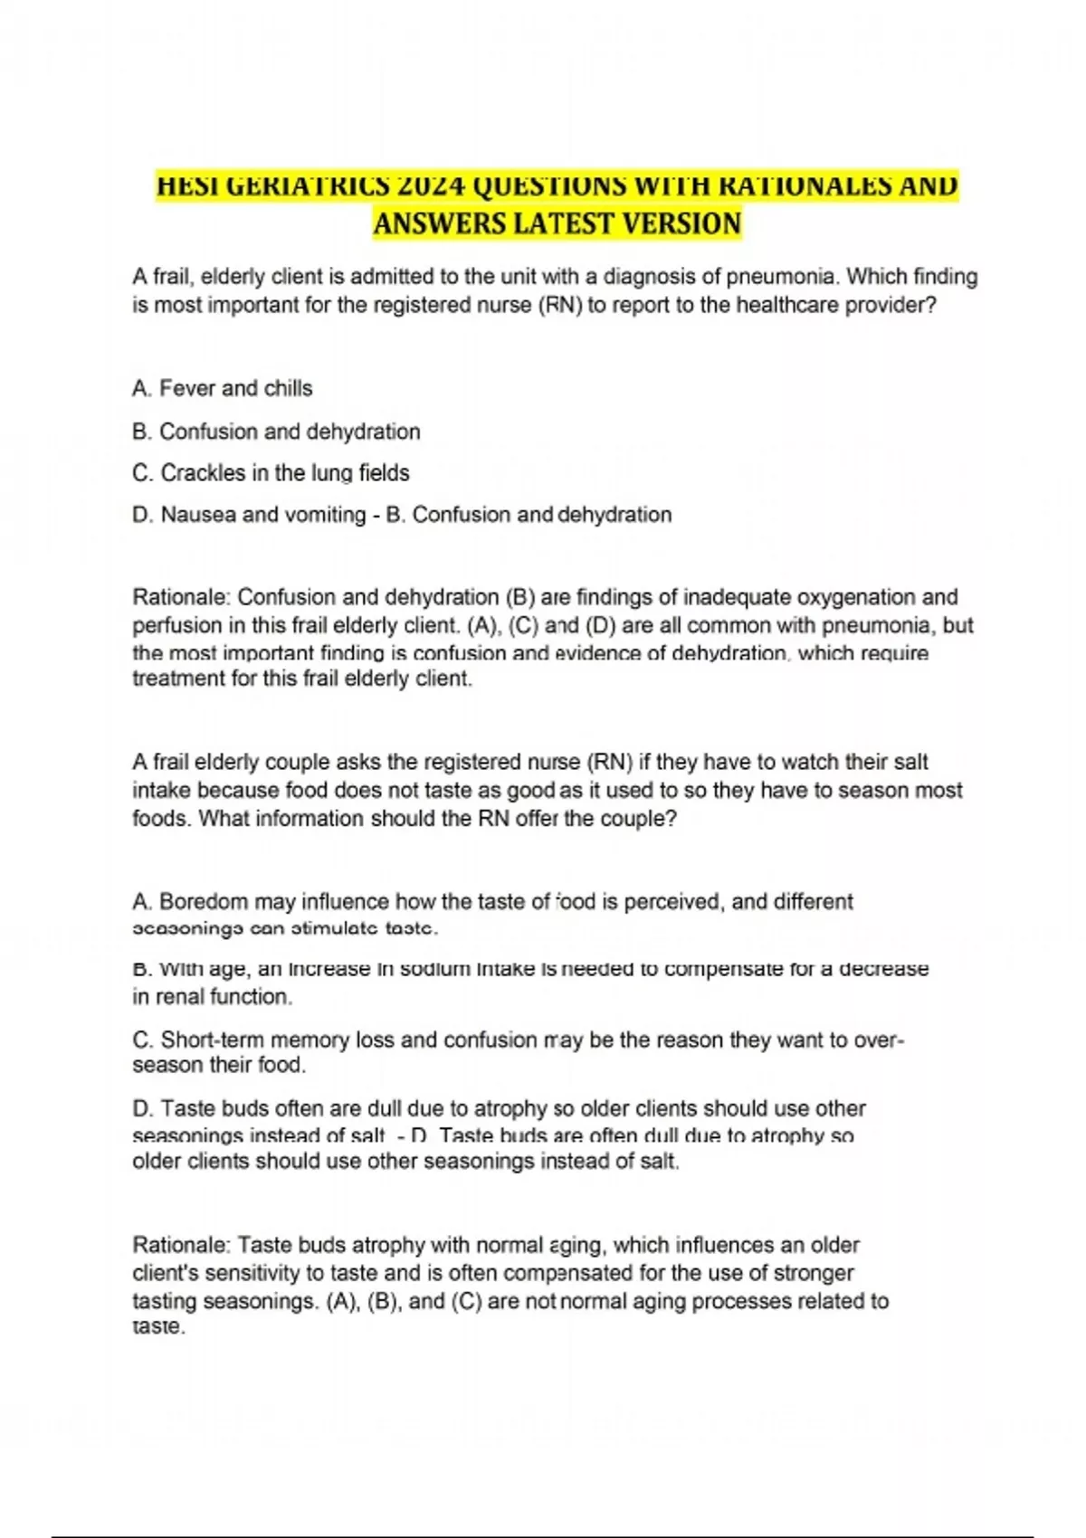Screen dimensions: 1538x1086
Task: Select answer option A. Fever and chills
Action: (223, 389)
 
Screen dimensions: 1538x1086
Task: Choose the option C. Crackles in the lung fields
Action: (271, 473)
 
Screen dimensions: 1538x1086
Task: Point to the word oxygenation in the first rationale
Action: (858, 597)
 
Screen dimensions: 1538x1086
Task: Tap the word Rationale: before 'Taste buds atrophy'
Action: (182, 1246)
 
